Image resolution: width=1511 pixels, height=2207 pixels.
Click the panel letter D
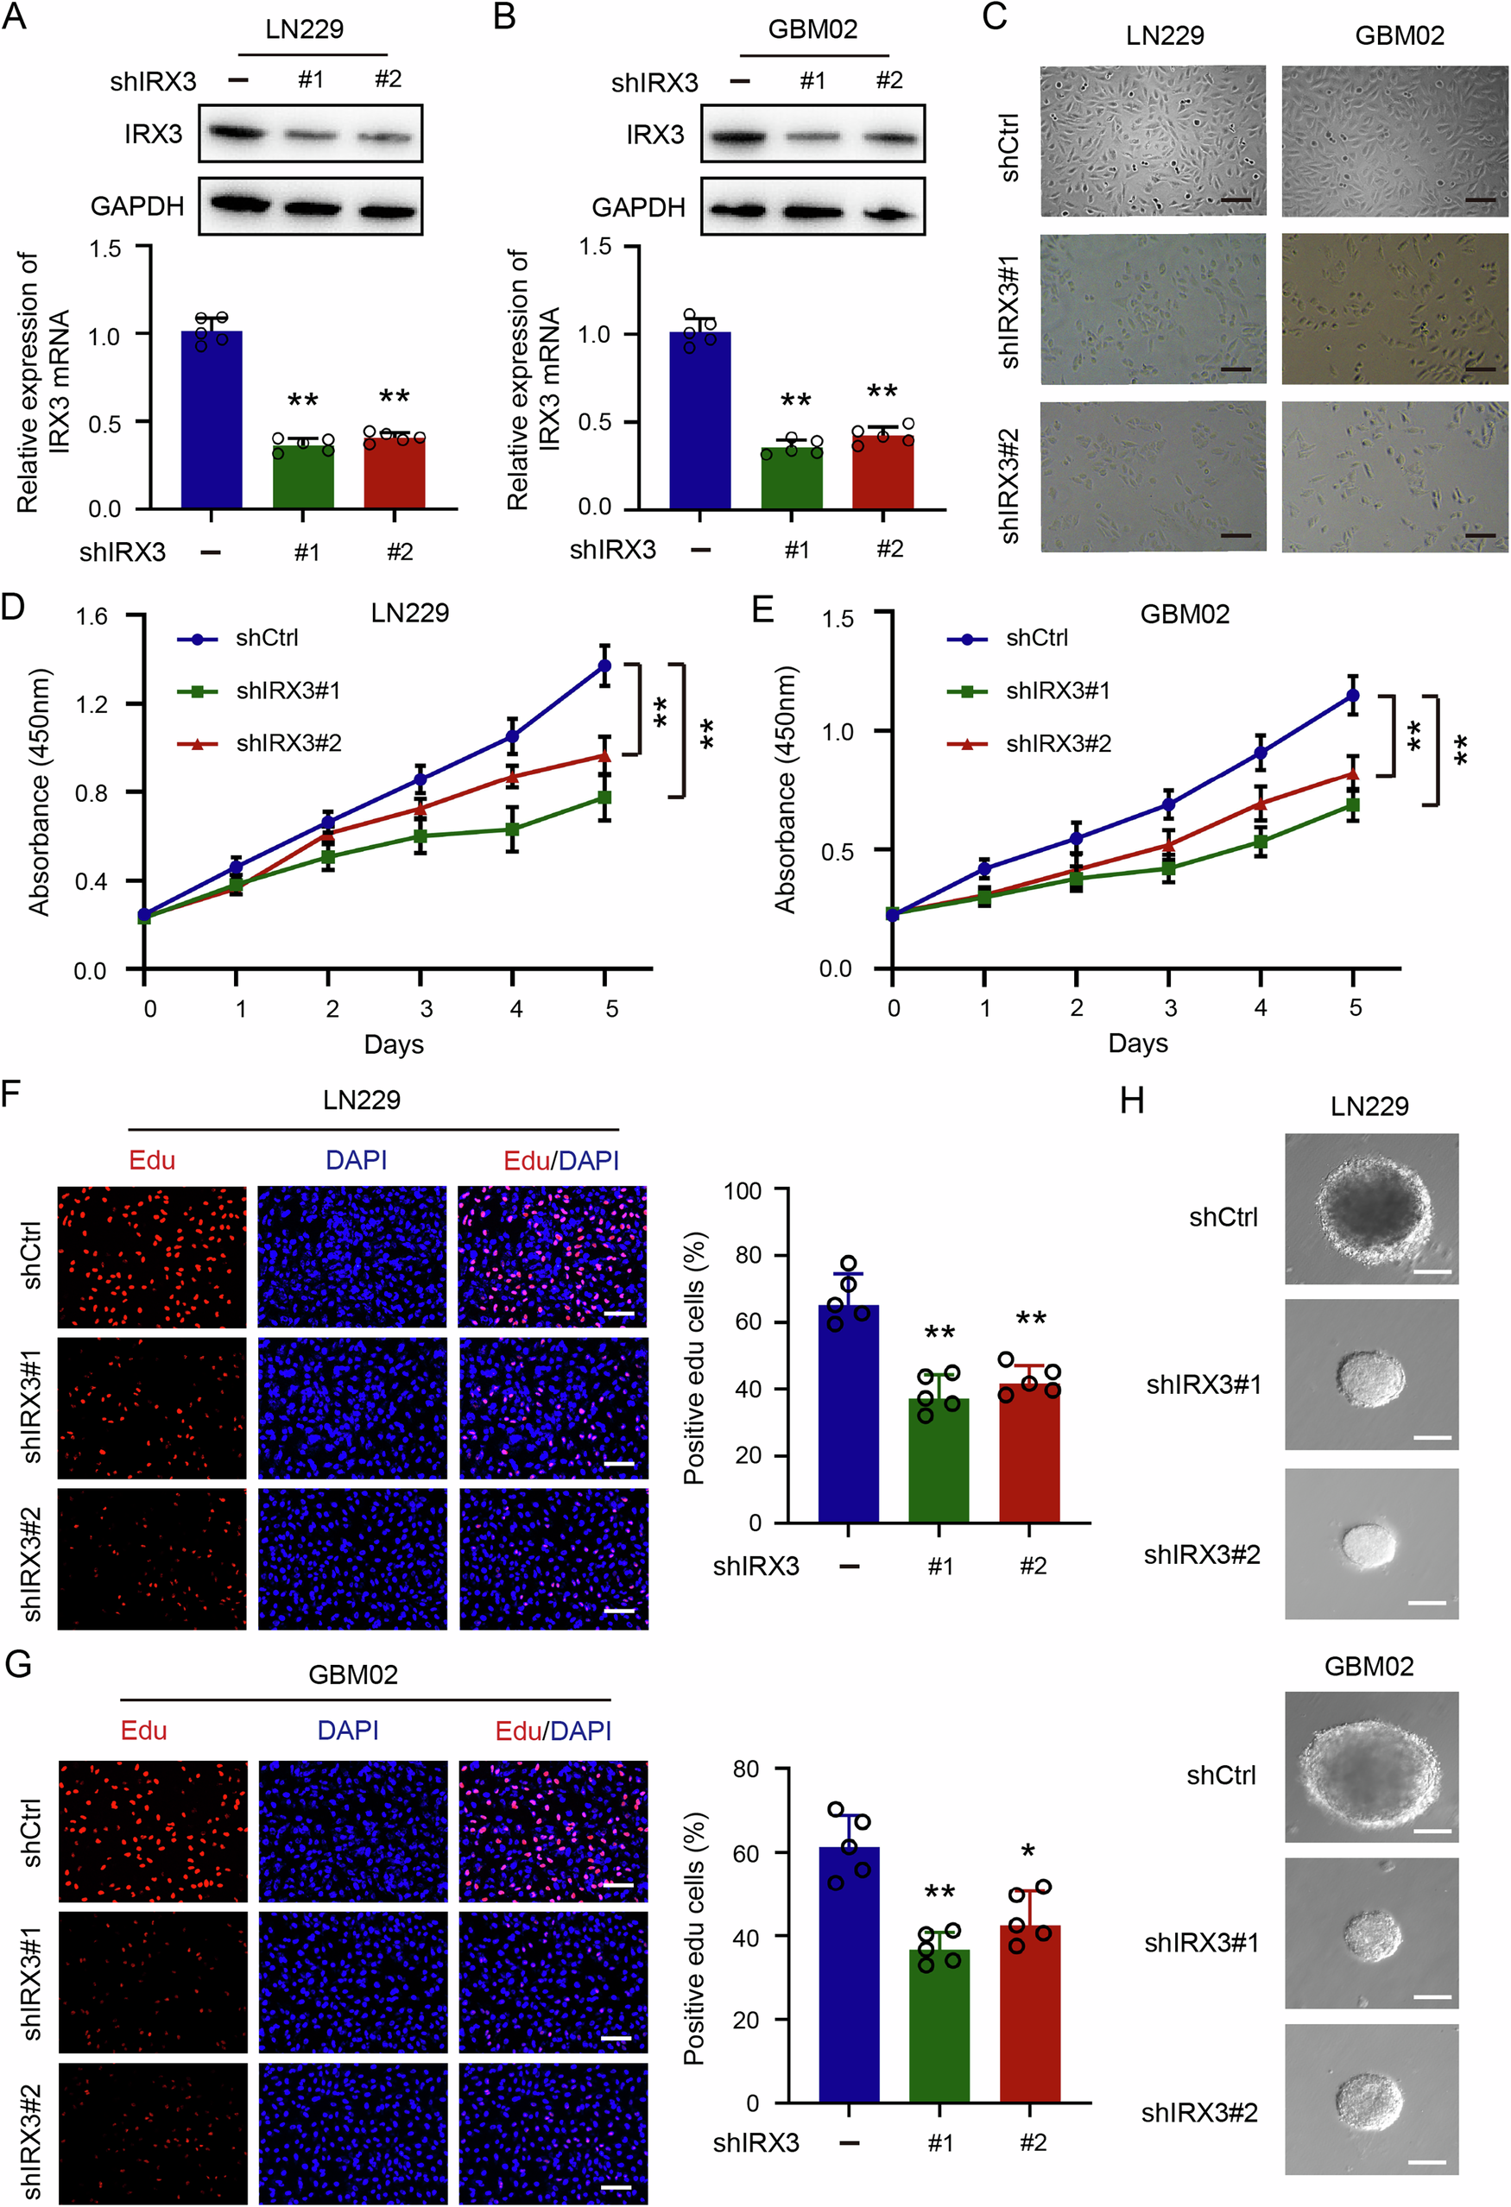(12, 606)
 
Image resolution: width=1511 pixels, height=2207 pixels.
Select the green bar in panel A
(303, 475)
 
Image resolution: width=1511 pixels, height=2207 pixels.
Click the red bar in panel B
(882, 472)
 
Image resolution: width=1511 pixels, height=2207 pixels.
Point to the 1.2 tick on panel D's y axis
(92, 703)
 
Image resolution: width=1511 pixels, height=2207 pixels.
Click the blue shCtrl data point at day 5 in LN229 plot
(604, 665)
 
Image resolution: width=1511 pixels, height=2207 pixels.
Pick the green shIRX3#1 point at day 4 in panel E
(1261, 842)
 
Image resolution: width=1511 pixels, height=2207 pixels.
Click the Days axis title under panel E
(1137, 1044)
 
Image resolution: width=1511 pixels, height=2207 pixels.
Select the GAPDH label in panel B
(638, 207)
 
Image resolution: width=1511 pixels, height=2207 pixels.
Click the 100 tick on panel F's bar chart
(742, 1191)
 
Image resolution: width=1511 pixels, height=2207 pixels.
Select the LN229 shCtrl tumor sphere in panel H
(1370, 1211)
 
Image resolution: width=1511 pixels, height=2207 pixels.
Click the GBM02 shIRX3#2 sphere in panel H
(1369, 2102)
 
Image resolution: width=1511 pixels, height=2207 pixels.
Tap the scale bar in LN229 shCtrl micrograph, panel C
(1235, 200)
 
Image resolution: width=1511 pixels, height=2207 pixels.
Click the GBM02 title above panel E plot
(1185, 615)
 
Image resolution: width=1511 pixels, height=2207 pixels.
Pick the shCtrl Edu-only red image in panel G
(153, 1831)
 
